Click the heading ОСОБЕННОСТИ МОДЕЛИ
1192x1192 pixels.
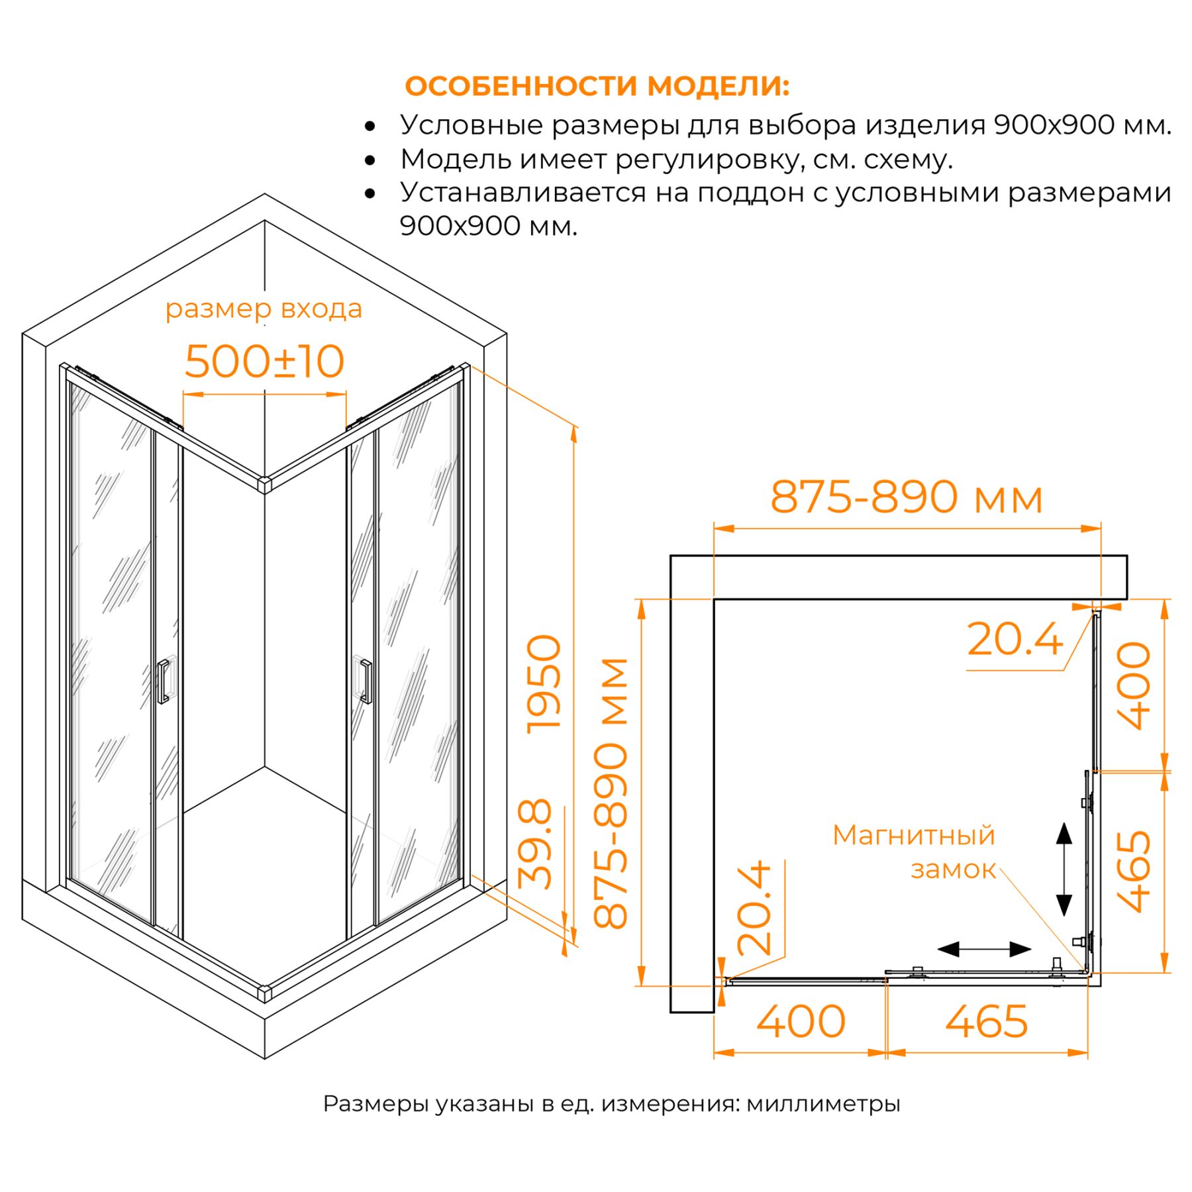tap(597, 86)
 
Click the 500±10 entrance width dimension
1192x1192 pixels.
tap(264, 362)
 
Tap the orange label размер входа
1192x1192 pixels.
tap(264, 309)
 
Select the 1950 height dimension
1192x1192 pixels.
tap(543, 683)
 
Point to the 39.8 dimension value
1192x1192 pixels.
tap(534, 844)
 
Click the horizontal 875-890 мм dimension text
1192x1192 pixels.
tap(907, 497)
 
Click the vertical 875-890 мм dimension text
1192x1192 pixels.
tap(610, 793)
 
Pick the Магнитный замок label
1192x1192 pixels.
tap(915, 852)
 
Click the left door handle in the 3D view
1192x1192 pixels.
tap(162, 681)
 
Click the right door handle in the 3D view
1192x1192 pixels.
tap(365, 680)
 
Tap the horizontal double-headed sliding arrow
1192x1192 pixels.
tap(984, 950)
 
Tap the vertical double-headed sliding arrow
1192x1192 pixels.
tap(1064, 869)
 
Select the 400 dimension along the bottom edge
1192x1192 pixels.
tap(801, 1022)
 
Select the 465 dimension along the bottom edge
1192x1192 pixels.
tap(986, 1022)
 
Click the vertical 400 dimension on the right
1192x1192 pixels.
tap(1134, 685)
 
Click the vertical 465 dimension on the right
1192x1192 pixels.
tap(1134, 871)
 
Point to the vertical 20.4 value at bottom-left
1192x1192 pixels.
tap(754, 908)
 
